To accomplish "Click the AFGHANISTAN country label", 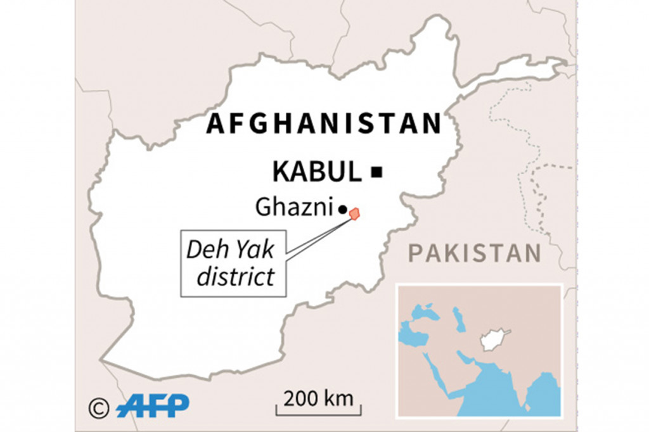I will pyautogui.click(x=323, y=124).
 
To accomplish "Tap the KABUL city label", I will pyautogui.click(x=316, y=171).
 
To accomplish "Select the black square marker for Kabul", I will pyautogui.click(x=377, y=171).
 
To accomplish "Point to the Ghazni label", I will pyautogui.click(x=295, y=206).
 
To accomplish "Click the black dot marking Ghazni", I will pyautogui.click(x=343, y=208).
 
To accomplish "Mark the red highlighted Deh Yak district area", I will pyautogui.click(x=354, y=214).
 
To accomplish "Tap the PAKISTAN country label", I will pyautogui.click(x=475, y=253).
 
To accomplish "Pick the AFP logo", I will pyautogui.click(x=153, y=405).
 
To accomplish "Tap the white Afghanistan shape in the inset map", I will pyautogui.click(x=493, y=339).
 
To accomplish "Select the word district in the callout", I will pyautogui.click(x=235, y=277).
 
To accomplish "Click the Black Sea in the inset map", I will pyautogui.click(x=425, y=312).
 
